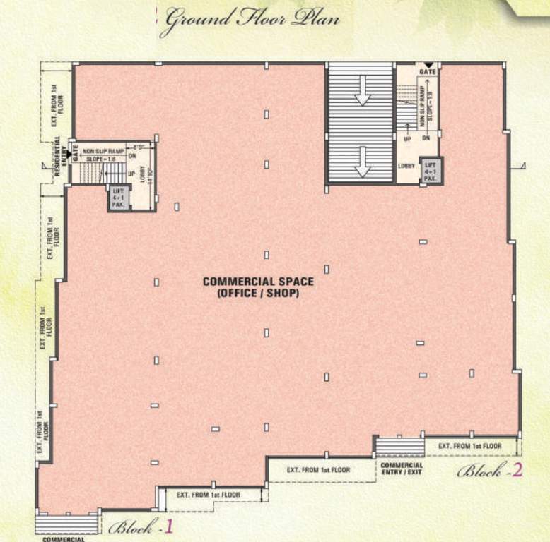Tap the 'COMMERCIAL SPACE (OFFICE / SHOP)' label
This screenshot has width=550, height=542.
pos(258,287)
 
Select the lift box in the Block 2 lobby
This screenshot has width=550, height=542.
pos(430,171)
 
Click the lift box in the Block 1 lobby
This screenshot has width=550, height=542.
pos(118,198)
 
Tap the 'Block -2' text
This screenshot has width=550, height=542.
pos(490,471)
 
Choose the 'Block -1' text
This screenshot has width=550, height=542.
pos(141,526)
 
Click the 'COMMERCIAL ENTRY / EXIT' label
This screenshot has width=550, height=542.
pos(402,468)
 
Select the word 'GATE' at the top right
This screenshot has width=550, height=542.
pos(428,71)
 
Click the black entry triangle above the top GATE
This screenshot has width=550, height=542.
pos(428,65)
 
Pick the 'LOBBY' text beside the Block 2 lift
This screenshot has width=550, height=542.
pos(406,167)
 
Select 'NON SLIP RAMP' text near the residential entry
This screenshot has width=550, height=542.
pos(104,151)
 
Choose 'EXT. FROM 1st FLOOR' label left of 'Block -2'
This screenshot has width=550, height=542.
pos(469,446)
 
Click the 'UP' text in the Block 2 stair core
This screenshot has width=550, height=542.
pos(407,139)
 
